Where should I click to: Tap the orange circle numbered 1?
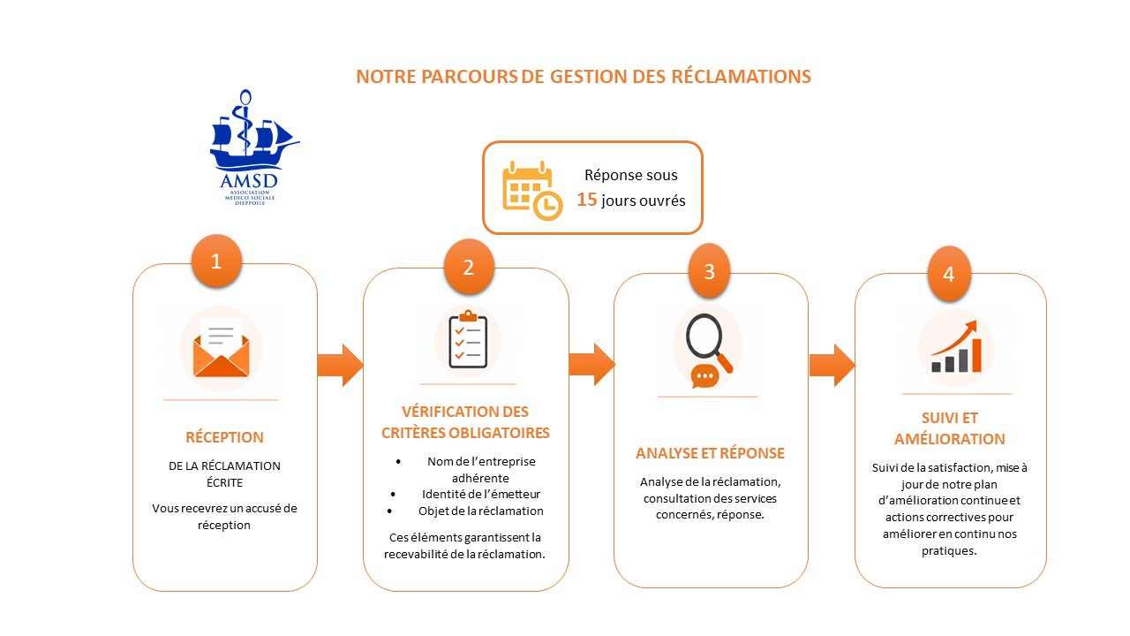216,261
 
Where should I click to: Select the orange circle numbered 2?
469,267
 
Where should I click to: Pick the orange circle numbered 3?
709,271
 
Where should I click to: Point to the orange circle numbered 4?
949,274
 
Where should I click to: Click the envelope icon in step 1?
221,348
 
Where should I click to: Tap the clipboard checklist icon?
468,339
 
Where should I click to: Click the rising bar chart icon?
956,347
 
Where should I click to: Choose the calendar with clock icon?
532,190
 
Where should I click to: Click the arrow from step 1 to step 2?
340,366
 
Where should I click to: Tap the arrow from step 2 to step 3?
591,365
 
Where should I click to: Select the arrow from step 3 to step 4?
832,366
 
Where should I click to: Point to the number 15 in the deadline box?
587,200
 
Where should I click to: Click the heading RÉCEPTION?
224,437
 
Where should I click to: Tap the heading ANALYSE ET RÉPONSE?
710,453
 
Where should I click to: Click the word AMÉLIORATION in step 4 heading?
949,439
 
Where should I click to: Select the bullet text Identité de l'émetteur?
481,494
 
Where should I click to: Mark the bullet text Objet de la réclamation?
481,511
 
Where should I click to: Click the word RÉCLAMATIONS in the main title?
741,76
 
